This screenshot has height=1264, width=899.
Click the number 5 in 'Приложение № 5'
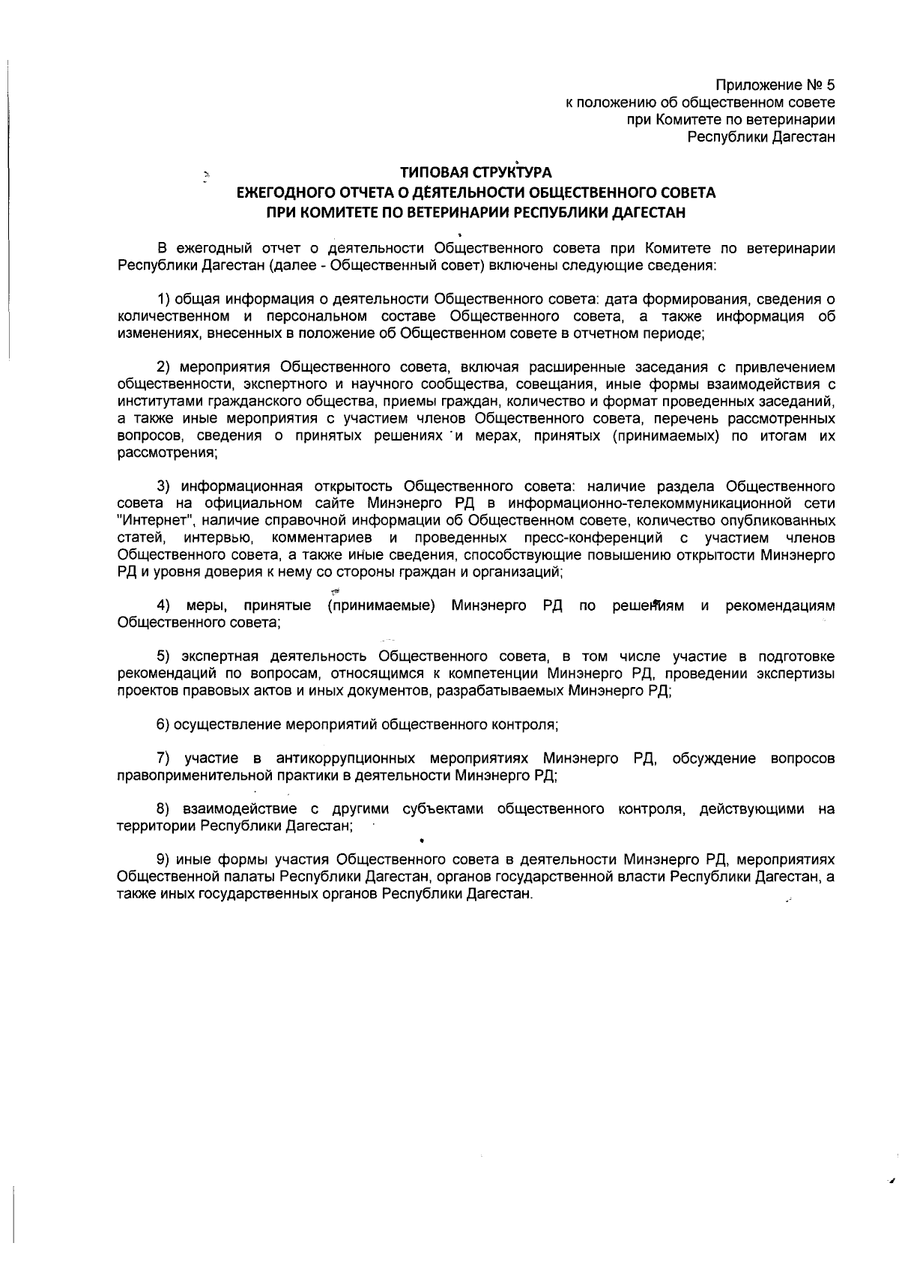830,85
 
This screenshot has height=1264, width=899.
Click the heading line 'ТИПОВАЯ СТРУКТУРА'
476,174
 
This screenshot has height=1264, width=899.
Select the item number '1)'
164,300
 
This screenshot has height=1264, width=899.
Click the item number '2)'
164,367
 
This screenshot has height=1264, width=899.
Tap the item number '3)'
164,487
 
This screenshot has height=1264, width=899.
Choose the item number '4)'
164,605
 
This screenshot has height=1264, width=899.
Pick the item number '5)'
164,657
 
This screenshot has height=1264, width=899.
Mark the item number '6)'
164,725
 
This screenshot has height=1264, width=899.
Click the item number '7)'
164,759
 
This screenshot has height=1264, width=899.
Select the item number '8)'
164,810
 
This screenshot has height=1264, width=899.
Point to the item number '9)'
164,860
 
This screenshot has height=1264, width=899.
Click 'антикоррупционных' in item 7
345,759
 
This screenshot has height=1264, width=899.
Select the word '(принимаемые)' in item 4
381,605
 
